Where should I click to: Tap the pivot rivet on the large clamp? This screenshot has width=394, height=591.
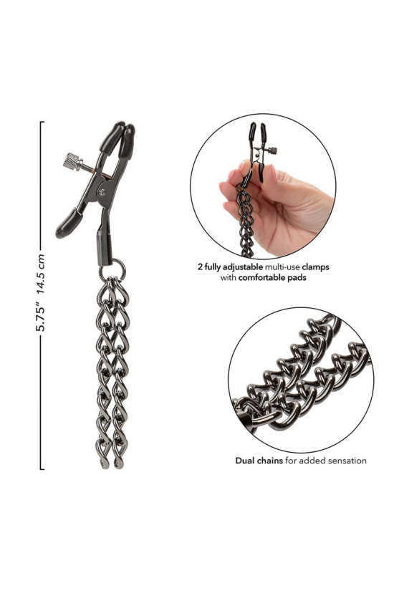point(102,191)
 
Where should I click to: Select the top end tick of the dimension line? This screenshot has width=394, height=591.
point(42,122)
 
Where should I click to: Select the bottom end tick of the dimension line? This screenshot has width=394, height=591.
point(42,469)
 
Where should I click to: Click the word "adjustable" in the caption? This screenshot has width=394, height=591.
point(244,267)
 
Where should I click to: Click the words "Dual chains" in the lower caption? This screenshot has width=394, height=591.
point(259,460)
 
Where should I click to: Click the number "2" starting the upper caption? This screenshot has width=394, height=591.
point(200,267)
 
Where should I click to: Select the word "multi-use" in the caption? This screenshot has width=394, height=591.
point(282,267)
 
